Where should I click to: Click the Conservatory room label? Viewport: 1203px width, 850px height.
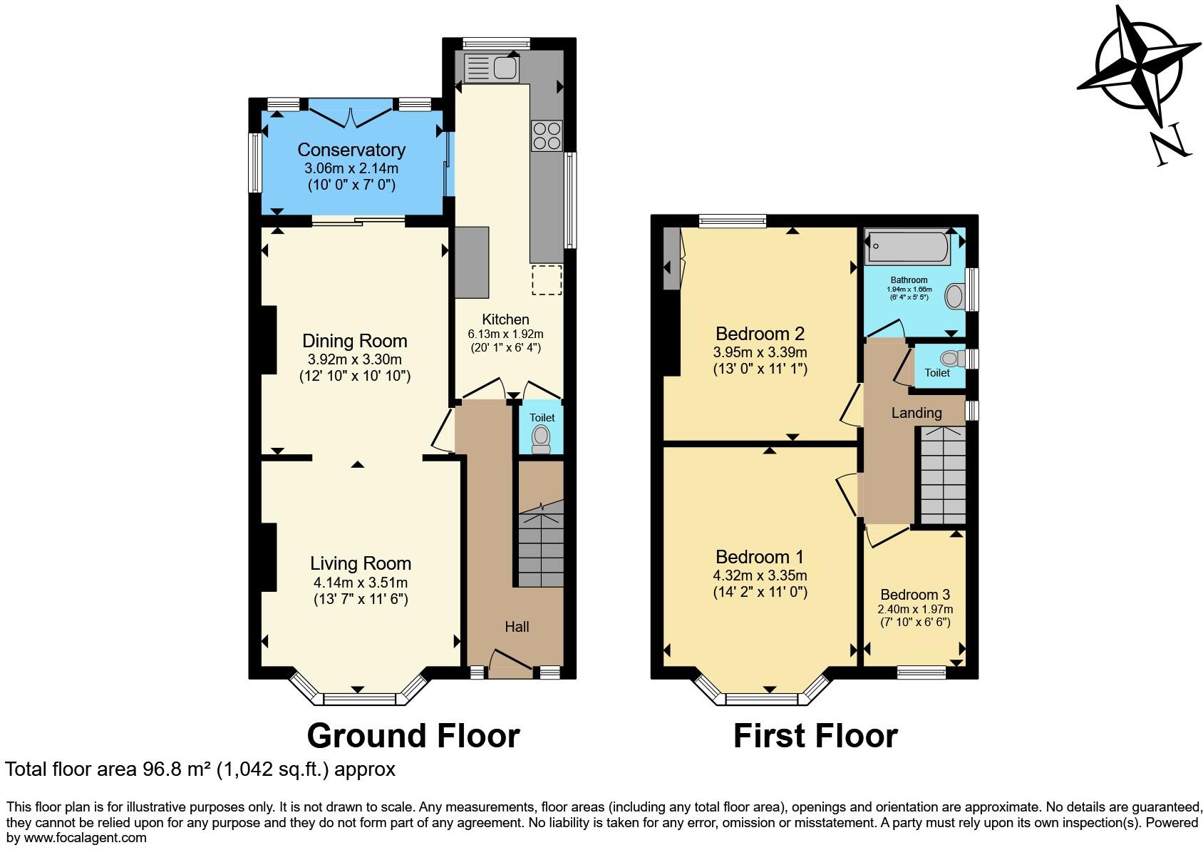pyautogui.click(x=351, y=150)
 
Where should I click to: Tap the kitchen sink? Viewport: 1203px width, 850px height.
pyautogui.click(x=492, y=68)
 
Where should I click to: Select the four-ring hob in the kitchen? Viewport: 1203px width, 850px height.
pyautogui.click(x=547, y=135)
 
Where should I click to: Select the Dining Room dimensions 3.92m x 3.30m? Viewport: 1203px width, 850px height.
pyautogui.click(x=354, y=359)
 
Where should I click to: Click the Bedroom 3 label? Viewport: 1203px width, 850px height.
pyautogui.click(x=915, y=595)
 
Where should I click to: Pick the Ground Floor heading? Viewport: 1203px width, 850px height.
pyautogui.click(x=413, y=735)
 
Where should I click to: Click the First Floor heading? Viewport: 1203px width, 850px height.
pyautogui.click(x=815, y=735)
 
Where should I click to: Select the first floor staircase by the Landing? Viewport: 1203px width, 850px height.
pyautogui.click(x=942, y=474)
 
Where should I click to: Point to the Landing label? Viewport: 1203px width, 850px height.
pyautogui.click(x=917, y=413)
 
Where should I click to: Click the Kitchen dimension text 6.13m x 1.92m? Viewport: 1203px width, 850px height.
pyautogui.click(x=505, y=334)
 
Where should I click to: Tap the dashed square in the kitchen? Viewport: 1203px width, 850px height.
pyautogui.click(x=547, y=280)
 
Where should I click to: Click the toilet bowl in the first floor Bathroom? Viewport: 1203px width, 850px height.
pyautogui.click(x=955, y=296)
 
